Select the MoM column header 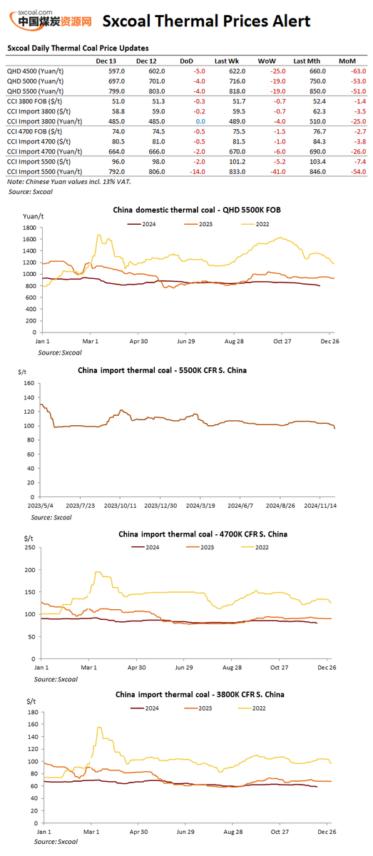[x=347, y=61]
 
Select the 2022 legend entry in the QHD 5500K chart [x=258, y=224]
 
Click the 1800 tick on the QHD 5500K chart [x=29, y=227]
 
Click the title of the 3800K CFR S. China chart [x=203, y=694]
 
